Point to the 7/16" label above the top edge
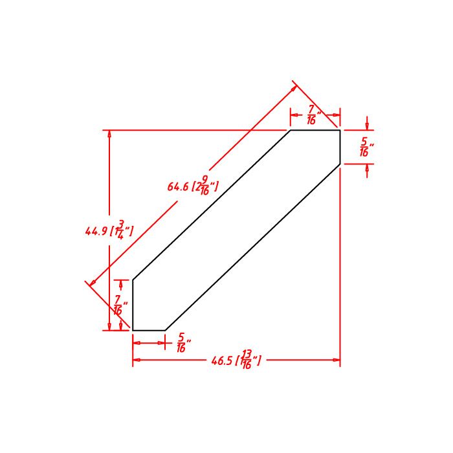(x=312, y=115)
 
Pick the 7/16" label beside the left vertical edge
(x=120, y=305)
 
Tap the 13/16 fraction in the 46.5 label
(x=248, y=359)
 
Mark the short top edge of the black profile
(x=315, y=130)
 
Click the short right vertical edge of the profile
(x=340, y=147)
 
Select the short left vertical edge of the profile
(x=133, y=305)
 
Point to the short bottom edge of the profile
(x=149, y=330)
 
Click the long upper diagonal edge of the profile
(x=211, y=205)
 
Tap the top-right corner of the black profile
(x=340, y=130)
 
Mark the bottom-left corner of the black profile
(x=133, y=330)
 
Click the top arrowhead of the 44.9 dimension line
(x=109, y=134)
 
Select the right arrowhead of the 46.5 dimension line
(x=337, y=360)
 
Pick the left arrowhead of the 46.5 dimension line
(x=137, y=360)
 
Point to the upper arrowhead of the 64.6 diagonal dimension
(x=295, y=84)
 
